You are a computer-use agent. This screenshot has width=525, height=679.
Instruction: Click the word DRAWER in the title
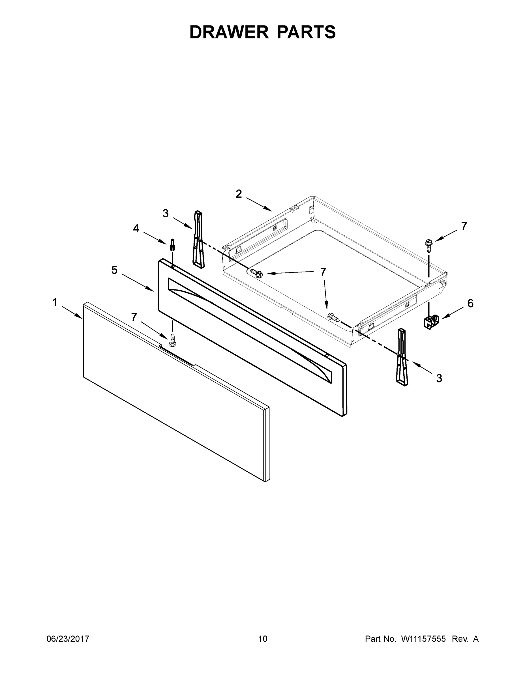click(229, 32)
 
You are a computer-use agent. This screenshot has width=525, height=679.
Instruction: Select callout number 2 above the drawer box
click(239, 194)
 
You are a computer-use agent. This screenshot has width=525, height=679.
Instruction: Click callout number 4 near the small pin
click(136, 229)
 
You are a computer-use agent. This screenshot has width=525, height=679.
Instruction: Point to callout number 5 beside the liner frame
click(114, 270)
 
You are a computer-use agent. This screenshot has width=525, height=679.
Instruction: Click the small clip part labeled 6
click(431, 322)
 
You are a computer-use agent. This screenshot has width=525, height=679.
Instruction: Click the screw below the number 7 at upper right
click(429, 245)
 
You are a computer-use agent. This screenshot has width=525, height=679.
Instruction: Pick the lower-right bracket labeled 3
click(402, 357)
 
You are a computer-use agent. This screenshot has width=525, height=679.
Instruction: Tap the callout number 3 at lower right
click(439, 378)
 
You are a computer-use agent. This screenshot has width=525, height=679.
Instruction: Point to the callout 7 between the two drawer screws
click(323, 272)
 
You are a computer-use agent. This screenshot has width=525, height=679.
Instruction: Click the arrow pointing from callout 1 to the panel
click(72, 312)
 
